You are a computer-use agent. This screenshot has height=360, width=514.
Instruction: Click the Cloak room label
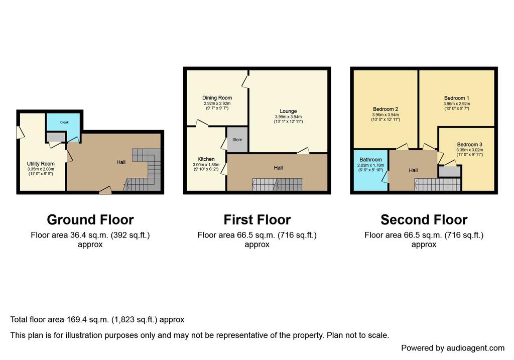pos(64,123)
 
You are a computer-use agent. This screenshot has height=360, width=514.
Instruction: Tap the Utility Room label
pos(41,164)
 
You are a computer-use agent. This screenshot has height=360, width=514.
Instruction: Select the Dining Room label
pos(217,98)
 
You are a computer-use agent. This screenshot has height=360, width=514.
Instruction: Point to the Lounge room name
pos(288,111)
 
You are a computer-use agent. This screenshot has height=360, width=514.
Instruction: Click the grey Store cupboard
pos(237,140)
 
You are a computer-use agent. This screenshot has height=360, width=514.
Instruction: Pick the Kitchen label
pos(206,159)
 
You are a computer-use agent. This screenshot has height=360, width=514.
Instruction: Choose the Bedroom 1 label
pos(457,98)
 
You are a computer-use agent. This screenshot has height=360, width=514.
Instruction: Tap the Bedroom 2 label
pos(385,109)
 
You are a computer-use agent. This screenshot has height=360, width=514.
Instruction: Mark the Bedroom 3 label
pos(470,145)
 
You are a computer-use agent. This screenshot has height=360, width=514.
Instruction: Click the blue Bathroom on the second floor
pos(371,170)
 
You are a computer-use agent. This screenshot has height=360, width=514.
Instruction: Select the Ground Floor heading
pos(90,220)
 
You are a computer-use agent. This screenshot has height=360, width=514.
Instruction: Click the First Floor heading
pos(257,220)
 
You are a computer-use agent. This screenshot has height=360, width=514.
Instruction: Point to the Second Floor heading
pos(424,220)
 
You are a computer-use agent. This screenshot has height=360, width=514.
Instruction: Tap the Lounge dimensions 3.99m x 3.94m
pos(288,116)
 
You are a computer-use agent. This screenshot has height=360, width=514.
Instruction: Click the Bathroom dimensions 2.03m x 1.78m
pos(371,165)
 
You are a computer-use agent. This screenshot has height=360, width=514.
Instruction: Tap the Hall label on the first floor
pos(278,168)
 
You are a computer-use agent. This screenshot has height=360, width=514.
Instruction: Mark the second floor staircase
pos(438,185)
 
